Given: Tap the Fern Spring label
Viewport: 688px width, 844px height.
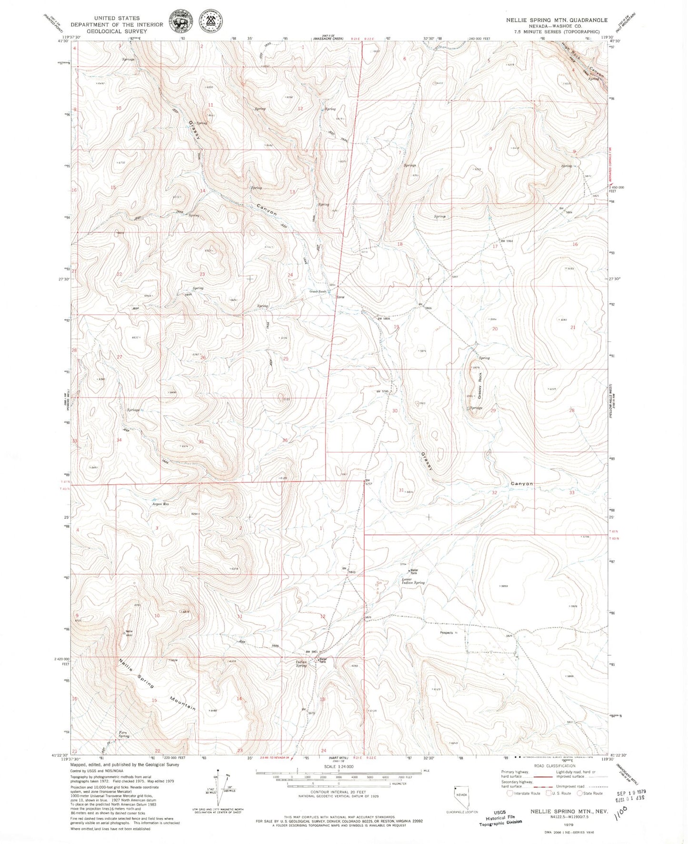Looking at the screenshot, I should [124, 734].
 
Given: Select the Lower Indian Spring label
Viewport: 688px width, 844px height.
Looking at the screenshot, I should [413, 581].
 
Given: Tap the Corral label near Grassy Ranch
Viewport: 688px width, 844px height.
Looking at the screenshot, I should [340, 297].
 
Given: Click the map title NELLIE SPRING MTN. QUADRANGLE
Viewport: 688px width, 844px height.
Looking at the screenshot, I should [557, 20].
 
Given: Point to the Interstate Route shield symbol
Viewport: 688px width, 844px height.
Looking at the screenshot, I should [510, 793].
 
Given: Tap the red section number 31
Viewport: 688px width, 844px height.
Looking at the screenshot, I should [401, 490].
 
